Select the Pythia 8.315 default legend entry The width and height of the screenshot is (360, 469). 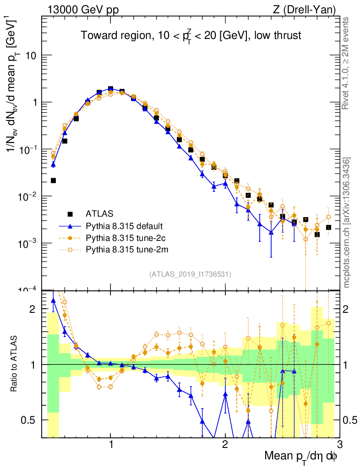pyautogui.click(x=125, y=226)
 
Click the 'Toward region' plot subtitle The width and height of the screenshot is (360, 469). pyautogui.click(x=191, y=36)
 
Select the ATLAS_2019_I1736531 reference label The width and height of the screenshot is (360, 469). pyautogui.click(x=190, y=274)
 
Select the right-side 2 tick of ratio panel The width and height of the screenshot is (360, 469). pyautogui.click(x=349, y=309)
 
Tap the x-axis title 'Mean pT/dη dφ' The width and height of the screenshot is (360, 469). pyautogui.click(x=301, y=457)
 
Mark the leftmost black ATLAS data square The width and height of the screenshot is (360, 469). pyautogui.click(x=53, y=180)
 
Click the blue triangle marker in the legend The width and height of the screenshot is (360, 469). pyautogui.click(x=70, y=226)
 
